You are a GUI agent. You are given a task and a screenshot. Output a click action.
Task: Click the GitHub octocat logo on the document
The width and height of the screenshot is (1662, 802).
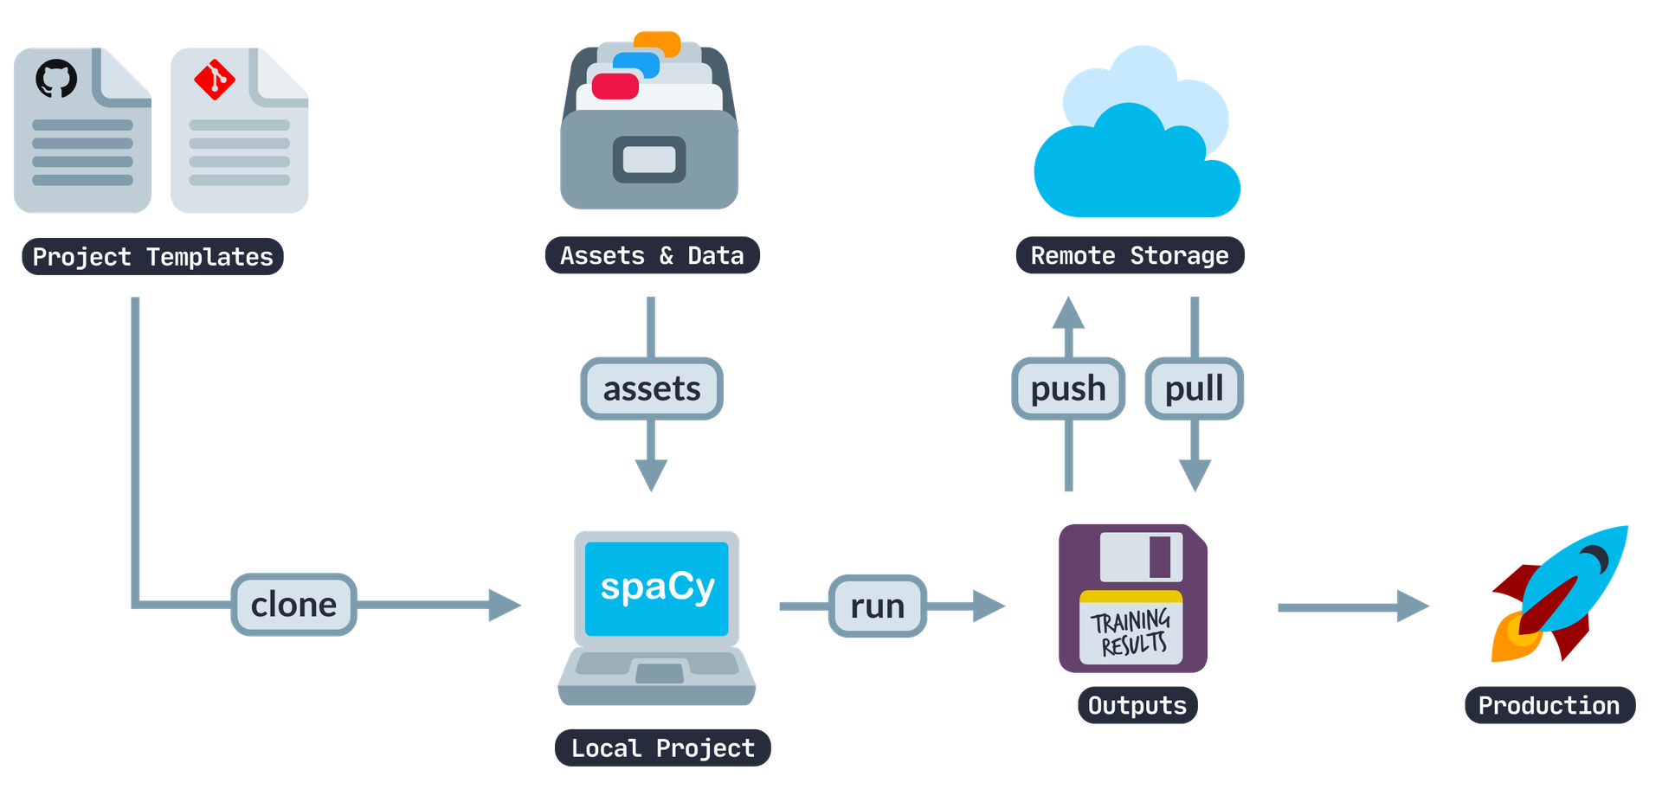(56, 79)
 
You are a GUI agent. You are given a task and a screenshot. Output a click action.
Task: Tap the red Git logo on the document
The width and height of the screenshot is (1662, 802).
(214, 80)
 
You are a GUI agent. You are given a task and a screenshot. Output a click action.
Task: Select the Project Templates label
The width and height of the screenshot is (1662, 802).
(152, 257)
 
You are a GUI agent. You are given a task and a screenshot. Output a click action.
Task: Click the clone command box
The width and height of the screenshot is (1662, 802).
(293, 605)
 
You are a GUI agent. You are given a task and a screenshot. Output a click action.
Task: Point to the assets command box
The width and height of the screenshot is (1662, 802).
(652, 389)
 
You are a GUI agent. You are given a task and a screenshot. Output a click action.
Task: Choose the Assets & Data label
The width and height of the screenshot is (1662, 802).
(652, 256)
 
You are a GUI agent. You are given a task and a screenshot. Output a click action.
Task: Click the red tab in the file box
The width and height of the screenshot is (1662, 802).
(615, 87)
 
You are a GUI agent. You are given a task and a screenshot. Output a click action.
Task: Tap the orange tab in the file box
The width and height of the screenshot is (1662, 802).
(656, 42)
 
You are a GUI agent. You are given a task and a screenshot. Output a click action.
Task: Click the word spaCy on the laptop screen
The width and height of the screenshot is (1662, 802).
(657, 587)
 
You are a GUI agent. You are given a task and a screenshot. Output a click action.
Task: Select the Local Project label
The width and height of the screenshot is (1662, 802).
(662, 747)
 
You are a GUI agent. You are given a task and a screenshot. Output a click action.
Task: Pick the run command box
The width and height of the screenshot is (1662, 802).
(877, 606)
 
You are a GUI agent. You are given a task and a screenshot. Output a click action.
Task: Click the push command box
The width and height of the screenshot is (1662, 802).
(1068, 389)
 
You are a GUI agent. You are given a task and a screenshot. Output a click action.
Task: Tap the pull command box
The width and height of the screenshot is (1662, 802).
(1194, 389)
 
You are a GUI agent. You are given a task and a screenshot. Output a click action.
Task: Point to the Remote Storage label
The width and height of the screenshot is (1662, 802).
(1130, 256)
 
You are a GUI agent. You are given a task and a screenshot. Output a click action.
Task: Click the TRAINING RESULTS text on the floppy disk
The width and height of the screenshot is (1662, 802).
(1131, 632)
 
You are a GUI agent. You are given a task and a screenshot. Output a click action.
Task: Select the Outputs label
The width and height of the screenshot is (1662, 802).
(1137, 706)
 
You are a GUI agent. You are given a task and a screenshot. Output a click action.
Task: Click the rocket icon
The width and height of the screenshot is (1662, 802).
(1558, 593)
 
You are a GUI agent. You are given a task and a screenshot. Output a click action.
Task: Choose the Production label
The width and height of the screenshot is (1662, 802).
(1549, 706)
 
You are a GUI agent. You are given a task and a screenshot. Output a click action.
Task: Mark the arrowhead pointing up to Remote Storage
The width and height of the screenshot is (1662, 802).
(1068, 313)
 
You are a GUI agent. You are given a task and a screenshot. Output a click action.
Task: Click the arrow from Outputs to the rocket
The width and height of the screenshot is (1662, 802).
(1350, 607)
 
